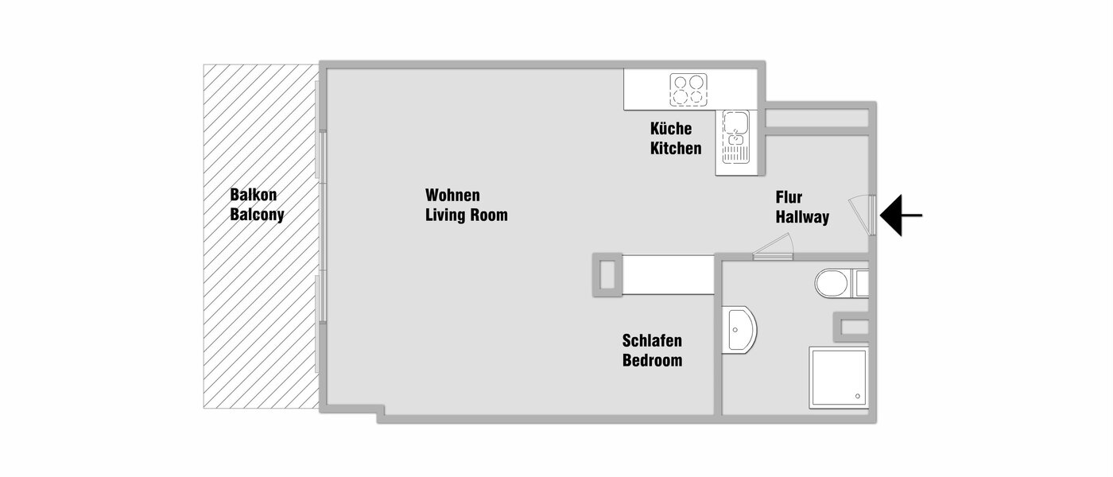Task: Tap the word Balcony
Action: tap(257, 215)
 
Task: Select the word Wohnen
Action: tap(452, 195)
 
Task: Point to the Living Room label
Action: tap(466, 215)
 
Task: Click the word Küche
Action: tap(671, 129)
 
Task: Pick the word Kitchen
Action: tap(676, 149)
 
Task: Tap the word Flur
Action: tap(789, 197)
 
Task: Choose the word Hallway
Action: tap(802, 217)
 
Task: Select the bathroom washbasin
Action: tap(739, 330)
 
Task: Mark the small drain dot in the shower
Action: tap(857, 395)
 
